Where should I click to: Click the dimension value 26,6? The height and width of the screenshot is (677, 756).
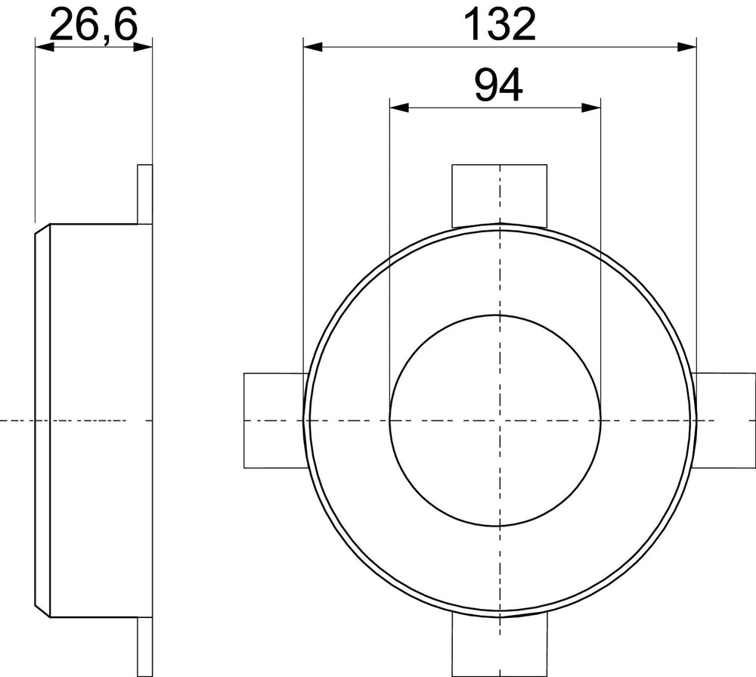94,25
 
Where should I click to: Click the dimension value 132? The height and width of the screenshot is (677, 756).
500,25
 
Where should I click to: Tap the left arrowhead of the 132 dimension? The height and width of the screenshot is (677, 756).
312,47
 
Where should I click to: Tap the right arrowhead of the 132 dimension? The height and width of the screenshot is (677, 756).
687,47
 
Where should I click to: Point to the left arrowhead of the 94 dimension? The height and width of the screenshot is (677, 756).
398,107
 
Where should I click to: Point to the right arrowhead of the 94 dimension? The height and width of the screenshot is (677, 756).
592,107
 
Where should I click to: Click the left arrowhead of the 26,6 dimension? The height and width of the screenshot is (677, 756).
45,47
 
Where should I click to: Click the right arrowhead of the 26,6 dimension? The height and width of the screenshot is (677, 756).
143,47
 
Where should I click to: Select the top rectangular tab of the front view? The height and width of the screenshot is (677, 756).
500,195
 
